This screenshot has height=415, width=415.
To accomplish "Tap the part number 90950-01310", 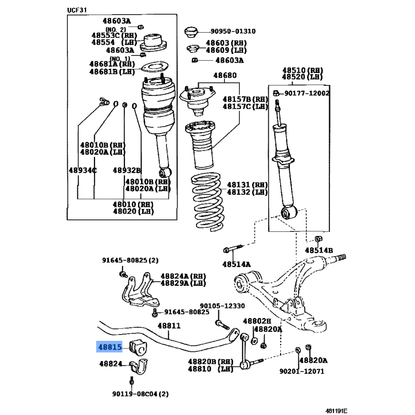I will (233, 31).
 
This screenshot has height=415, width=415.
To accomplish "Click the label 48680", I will (225, 75).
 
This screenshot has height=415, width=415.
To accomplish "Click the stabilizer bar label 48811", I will (169, 326).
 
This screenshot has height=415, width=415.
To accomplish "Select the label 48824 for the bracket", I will (110, 364).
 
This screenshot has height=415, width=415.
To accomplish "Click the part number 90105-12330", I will (223, 306).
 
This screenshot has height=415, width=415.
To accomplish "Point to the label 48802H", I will (257, 321).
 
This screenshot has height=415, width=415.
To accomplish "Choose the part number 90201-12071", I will (301, 371).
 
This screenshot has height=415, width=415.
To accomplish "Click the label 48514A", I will (237, 264).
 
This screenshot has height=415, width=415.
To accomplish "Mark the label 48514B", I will (319, 251).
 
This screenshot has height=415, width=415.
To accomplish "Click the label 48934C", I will (82, 170).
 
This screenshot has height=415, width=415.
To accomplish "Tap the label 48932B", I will (127, 170).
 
